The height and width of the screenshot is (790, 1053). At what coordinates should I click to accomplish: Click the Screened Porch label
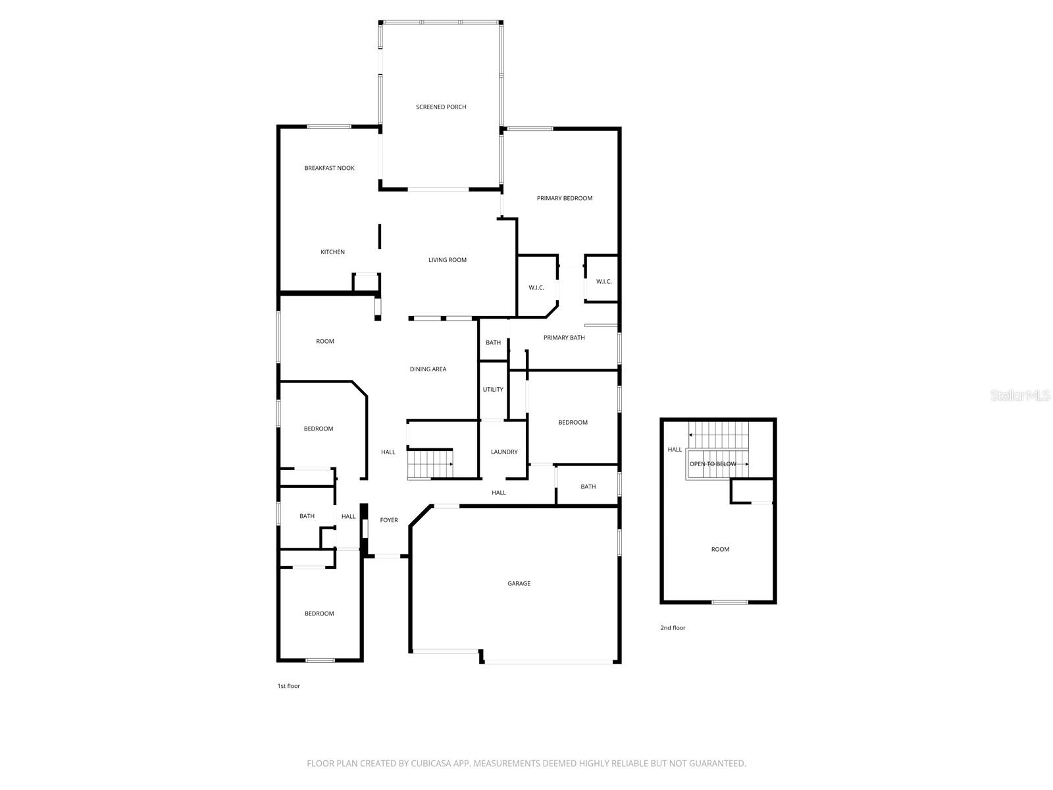point(441,107)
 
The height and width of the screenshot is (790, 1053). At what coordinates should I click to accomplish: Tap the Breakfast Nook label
point(329,168)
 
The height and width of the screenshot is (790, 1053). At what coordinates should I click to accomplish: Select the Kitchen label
point(332,252)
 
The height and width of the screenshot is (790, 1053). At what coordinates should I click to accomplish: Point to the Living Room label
point(448,260)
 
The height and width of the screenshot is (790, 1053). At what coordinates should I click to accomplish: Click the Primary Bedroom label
point(565,198)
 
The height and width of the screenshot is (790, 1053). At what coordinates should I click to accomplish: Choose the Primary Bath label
point(564,338)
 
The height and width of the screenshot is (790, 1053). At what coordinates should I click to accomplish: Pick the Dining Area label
point(428,369)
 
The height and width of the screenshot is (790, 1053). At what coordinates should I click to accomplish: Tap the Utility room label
point(493,390)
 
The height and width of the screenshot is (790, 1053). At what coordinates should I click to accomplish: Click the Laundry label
point(504,452)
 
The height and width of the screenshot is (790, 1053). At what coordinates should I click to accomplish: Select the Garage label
point(519,583)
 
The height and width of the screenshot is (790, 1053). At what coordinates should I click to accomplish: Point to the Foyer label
point(389,520)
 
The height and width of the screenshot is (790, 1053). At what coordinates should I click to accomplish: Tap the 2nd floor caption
point(673,628)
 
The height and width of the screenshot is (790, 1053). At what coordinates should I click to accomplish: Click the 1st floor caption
point(288,686)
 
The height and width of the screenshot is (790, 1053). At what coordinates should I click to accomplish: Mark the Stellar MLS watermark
point(1020,396)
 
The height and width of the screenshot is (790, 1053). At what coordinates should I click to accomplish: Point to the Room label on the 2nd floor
point(720,549)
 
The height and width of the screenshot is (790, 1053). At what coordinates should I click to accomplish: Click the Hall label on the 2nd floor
point(675,450)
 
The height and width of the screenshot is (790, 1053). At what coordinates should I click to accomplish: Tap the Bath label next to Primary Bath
point(493,343)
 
